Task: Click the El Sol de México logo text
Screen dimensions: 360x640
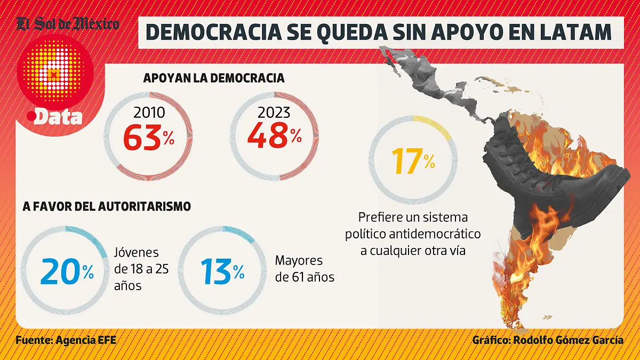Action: [x=68, y=23]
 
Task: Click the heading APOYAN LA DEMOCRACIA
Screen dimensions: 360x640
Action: [x=214, y=78]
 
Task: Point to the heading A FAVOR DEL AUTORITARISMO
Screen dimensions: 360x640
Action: [x=107, y=206]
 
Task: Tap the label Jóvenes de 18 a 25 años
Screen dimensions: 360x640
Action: [x=141, y=269]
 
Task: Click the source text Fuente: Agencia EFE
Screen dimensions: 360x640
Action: [x=66, y=340]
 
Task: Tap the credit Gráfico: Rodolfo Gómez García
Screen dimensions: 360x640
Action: [x=547, y=340]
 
